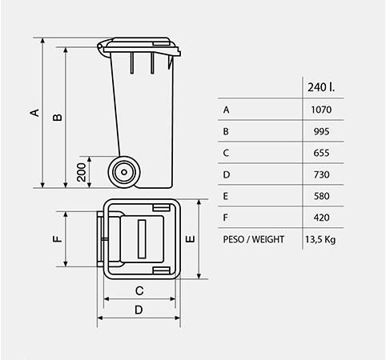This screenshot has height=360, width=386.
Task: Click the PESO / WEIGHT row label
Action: pyautogui.click(x=252, y=239)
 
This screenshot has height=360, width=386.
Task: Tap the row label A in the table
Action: pyautogui.click(x=227, y=110)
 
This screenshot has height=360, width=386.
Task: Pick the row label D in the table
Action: pyautogui.click(x=227, y=174)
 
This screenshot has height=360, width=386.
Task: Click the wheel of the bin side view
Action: pyautogui.click(x=123, y=170)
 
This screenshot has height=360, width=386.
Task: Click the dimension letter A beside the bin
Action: pyautogui.click(x=34, y=112)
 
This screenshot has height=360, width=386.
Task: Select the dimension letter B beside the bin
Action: pyautogui.click(x=58, y=118)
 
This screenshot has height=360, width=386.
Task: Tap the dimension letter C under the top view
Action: pyautogui.click(x=139, y=291)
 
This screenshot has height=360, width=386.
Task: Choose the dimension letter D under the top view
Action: pyautogui.click(x=139, y=310)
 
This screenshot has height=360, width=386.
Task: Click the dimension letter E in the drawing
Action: pyautogui.click(x=191, y=238)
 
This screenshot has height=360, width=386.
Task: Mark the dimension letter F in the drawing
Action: pyautogui.click(x=57, y=238)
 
